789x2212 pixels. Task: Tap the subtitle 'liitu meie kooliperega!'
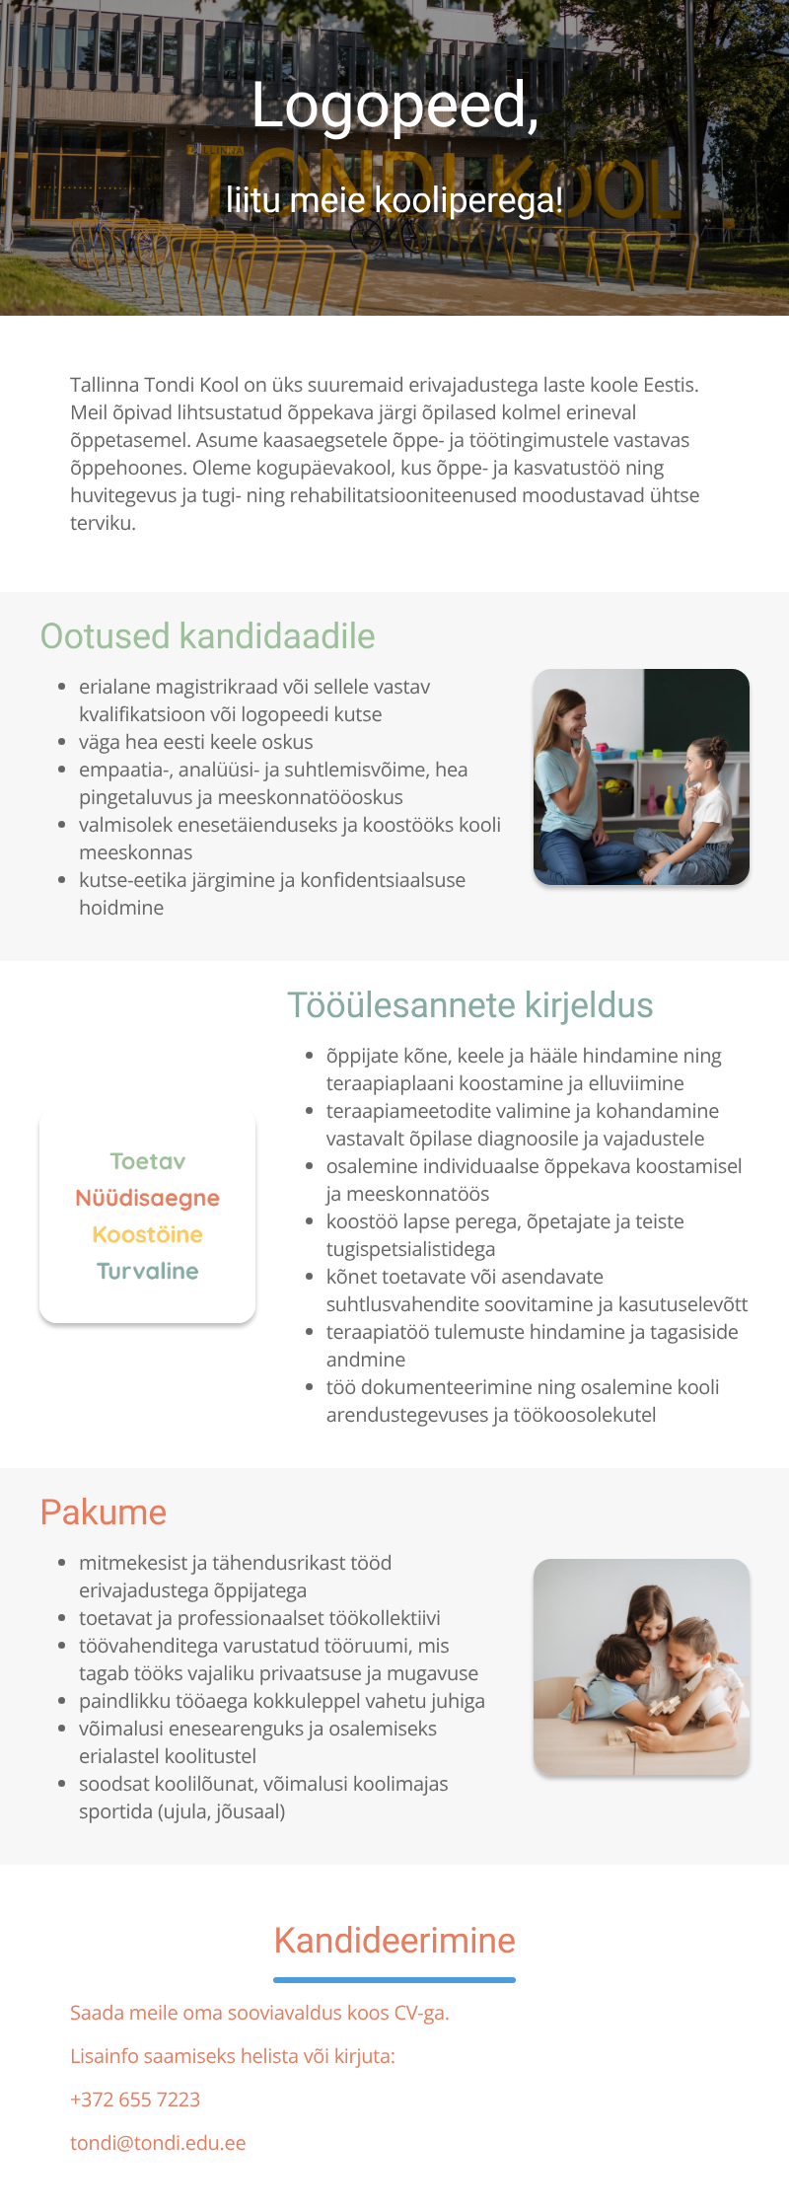point(394,200)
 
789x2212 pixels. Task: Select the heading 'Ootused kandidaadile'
point(207,636)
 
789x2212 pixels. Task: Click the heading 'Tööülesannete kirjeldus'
point(469,1005)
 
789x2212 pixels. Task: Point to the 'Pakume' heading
point(104,1512)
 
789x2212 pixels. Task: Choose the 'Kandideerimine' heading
point(394,1941)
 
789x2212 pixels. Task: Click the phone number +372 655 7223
point(135,2100)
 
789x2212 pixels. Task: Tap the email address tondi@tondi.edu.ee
point(158,2143)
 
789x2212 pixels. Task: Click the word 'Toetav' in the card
point(148,1161)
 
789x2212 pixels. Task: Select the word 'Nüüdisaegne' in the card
point(148,1198)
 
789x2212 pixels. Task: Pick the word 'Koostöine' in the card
point(148,1234)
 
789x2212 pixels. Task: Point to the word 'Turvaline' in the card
point(148,1271)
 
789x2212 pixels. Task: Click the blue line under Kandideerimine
point(394,1980)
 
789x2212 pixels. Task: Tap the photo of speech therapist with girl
point(641,776)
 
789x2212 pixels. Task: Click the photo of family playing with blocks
point(641,1666)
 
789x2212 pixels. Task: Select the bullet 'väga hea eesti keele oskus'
point(195,742)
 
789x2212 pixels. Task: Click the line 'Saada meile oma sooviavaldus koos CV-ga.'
point(259,2013)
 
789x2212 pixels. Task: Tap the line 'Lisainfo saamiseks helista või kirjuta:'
point(233,2056)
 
